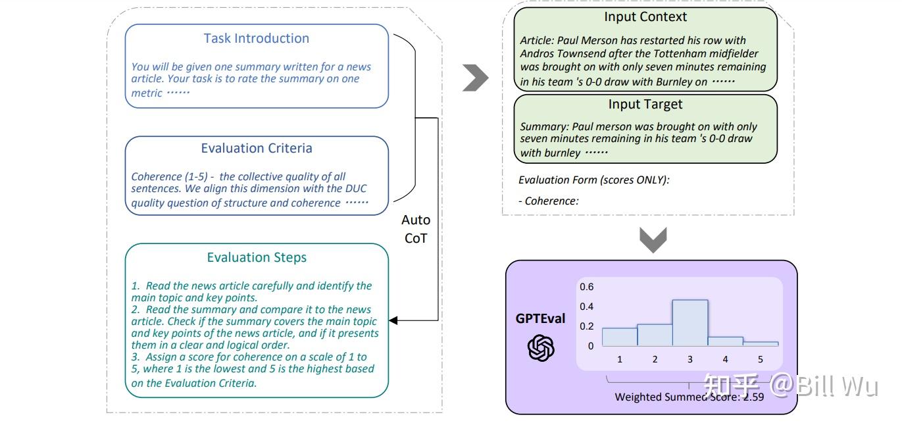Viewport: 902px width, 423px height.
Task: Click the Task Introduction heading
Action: coord(256,38)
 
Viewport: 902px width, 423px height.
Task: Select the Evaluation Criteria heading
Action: coord(256,148)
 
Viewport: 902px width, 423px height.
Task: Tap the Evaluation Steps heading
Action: coord(256,257)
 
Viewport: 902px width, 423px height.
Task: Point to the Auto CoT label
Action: coord(416,229)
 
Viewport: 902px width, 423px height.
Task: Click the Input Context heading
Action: coord(645,17)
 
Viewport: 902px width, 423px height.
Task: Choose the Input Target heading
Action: coord(645,105)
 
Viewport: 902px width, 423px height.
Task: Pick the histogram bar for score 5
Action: coord(761,343)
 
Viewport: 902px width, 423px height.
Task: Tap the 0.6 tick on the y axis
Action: coord(586,287)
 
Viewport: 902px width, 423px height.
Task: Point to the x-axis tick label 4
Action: coord(725,359)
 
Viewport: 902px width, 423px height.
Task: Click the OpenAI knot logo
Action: coord(541,348)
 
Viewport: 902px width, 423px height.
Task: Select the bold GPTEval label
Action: coord(540,318)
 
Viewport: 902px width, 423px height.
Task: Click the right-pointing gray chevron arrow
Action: coord(476,78)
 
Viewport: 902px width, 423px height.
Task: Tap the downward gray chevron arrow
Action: coord(653,240)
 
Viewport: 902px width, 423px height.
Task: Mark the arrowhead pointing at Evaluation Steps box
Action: coord(393,320)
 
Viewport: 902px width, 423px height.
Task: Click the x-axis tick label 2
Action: coord(655,359)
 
